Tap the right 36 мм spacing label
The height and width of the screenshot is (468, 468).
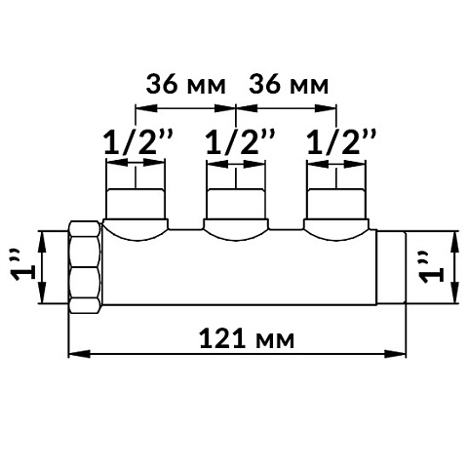pos(289,85)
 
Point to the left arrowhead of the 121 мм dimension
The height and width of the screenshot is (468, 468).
pos(73,352)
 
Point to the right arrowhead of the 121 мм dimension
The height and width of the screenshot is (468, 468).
pos(400,352)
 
